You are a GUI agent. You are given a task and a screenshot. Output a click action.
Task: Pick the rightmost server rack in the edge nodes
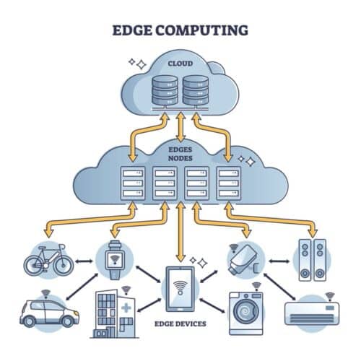pos(228,183)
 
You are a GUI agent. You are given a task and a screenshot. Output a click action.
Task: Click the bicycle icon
pos(48,260)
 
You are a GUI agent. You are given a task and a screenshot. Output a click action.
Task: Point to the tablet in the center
pos(180,290)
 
